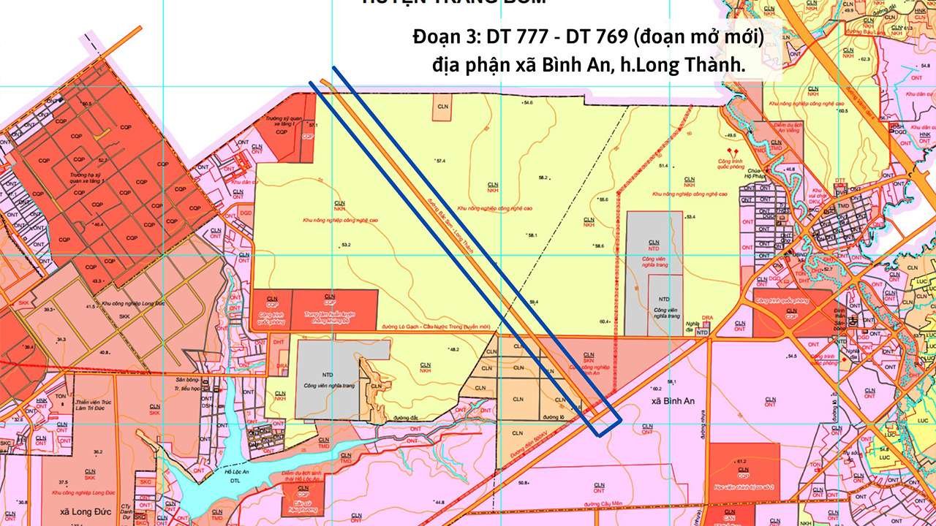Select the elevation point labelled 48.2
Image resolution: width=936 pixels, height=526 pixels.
[x=453, y=350]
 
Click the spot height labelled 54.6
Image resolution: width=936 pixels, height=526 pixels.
[x=528, y=103]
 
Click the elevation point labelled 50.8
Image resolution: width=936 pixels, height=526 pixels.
[x=523, y=482]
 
